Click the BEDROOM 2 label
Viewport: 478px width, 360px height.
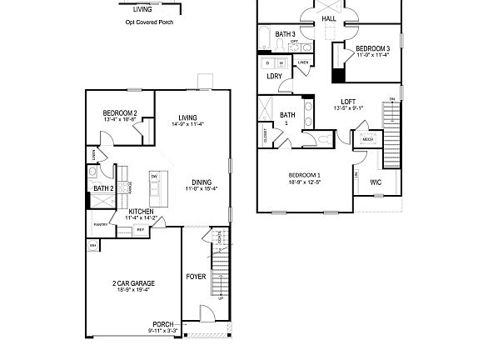click(x=120, y=113)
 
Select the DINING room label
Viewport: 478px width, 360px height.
click(x=202, y=182)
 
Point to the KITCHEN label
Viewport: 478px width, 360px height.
click(x=140, y=212)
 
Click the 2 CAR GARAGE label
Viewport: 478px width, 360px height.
click(x=134, y=283)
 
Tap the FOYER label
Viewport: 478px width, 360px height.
click(x=196, y=277)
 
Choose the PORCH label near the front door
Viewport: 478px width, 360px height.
click(x=162, y=324)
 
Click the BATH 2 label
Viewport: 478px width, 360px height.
click(x=103, y=189)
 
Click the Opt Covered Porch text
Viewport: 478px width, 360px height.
click(x=142, y=23)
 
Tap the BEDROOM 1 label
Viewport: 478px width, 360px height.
click(x=305, y=175)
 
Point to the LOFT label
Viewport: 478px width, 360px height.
click(x=348, y=102)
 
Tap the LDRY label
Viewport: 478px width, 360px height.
click(x=274, y=76)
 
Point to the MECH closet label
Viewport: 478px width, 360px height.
click(x=367, y=140)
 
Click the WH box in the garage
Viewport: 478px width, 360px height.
click(x=92, y=246)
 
